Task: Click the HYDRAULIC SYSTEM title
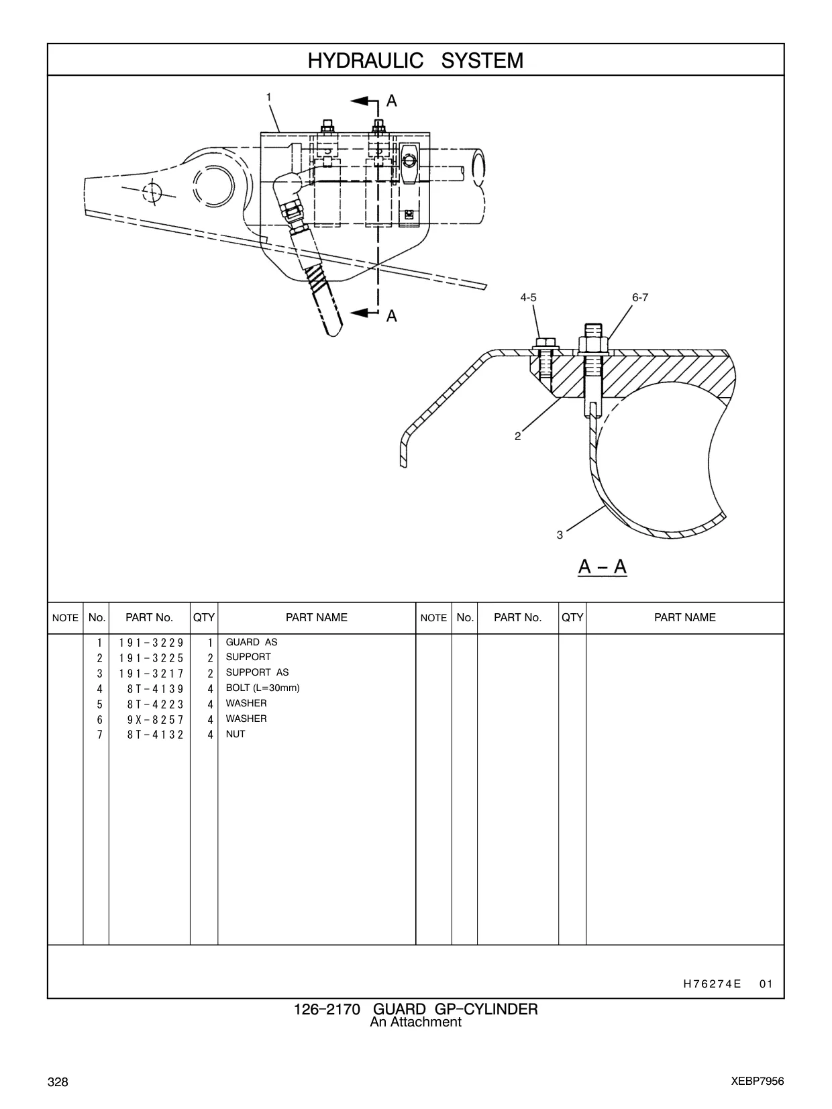[415, 60]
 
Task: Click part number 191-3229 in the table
[152, 643]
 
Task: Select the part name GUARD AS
[251, 642]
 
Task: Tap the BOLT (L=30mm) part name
[262, 688]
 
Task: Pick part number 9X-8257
[155, 719]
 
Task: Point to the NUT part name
[236, 734]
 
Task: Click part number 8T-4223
[155, 704]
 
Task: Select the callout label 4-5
[529, 298]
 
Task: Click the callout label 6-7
[640, 298]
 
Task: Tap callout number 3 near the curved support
[560, 535]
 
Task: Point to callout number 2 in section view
[518, 437]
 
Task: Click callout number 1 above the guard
[269, 97]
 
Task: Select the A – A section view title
[603, 566]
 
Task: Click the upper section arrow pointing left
[364, 101]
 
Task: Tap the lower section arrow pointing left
[364, 313]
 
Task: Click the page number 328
[58, 1081]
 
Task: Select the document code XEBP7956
[758, 1081]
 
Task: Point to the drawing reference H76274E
[713, 984]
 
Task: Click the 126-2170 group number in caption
[327, 1010]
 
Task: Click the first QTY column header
[204, 617]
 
